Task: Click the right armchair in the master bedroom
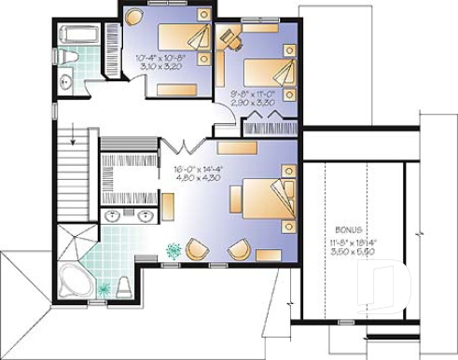238,249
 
